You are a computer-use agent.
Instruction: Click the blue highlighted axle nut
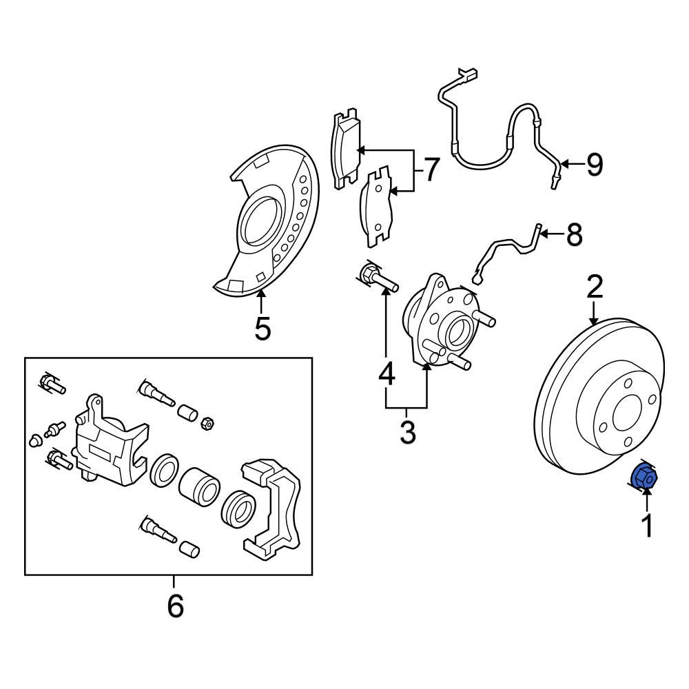pyautogui.click(x=645, y=477)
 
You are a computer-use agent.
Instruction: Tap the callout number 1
pyautogui.click(x=646, y=526)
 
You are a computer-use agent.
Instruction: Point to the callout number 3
pyautogui.click(x=407, y=433)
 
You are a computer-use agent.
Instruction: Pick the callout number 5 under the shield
pyautogui.click(x=262, y=329)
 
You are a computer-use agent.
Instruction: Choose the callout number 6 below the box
pyautogui.click(x=175, y=606)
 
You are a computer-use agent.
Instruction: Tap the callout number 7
pyautogui.click(x=431, y=169)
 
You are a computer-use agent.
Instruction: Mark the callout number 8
pyautogui.click(x=573, y=235)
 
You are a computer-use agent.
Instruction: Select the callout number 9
pyautogui.click(x=593, y=164)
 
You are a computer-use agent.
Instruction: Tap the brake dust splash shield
pyautogui.click(x=269, y=220)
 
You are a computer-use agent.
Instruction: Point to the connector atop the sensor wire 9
pyautogui.click(x=469, y=73)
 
